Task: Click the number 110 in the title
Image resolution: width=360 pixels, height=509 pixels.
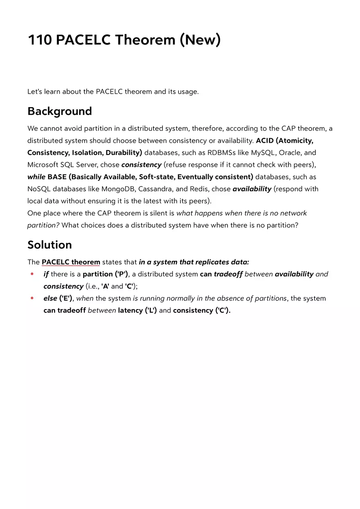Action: (39, 40)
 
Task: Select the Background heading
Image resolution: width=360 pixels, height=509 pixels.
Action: (59, 111)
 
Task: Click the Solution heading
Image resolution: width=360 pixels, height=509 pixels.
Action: (49, 245)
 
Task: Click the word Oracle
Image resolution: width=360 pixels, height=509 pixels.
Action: (290, 152)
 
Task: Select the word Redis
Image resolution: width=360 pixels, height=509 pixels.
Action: (198, 189)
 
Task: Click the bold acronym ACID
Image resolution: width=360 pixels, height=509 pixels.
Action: (265, 141)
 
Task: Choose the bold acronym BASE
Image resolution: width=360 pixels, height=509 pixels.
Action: (57, 177)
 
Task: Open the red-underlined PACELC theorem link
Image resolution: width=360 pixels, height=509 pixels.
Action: (71, 262)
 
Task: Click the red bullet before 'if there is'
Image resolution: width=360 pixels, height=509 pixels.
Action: (32, 274)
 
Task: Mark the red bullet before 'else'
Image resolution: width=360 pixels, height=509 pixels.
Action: (32, 298)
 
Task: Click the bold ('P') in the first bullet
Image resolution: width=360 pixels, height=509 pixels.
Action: (121, 274)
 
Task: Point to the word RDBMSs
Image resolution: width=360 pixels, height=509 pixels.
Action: (221, 152)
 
